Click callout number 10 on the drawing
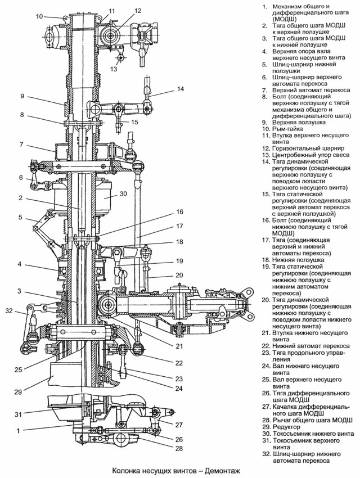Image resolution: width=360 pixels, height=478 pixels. point(39,16)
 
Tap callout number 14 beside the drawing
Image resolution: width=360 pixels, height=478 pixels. point(180,89)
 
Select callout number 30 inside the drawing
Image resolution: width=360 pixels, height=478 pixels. point(123,193)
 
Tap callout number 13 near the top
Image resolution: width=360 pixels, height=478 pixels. point(114,69)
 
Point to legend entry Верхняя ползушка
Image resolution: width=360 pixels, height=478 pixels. point(299,121)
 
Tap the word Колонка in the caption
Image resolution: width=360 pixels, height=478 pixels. point(128,471)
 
